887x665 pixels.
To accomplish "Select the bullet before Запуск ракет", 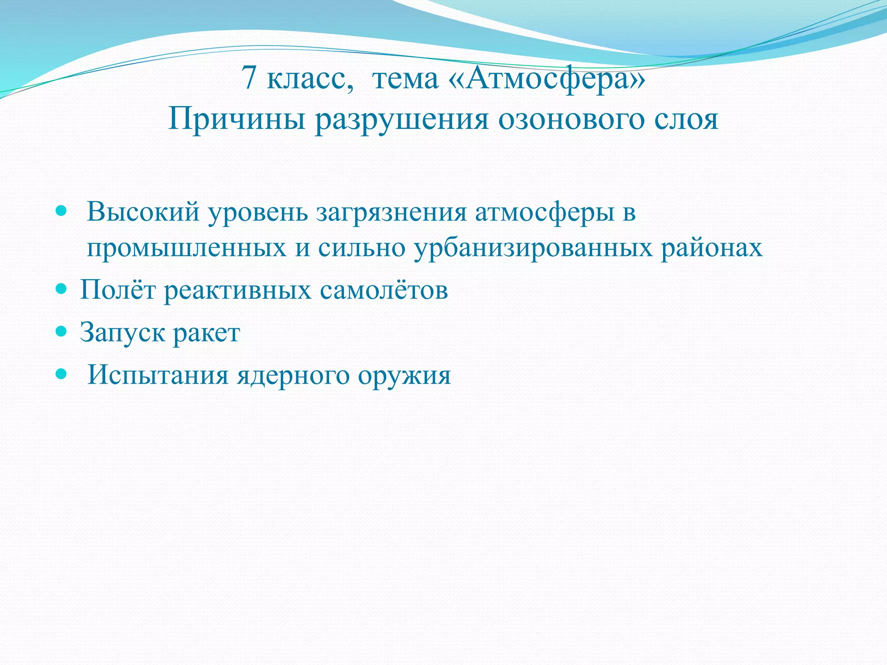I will pyautogui.click(x=62, y=331).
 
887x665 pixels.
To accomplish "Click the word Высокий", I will pyautogui.click(x=143, y=212).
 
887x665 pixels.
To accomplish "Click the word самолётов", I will pyautogui.click(x=384, y=290).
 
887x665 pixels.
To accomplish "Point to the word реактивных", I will pyautogui.click(x=237, y=290).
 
